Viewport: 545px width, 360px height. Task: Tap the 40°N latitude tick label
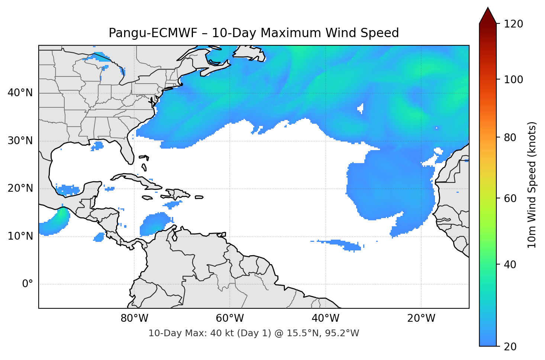(x=20, y=93)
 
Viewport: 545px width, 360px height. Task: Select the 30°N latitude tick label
(x=20, y=141)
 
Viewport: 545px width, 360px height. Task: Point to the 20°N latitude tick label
(x=20, y=188)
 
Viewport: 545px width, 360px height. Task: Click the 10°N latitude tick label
(x=20, y=236)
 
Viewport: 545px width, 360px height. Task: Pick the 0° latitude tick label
(x=28, y=284)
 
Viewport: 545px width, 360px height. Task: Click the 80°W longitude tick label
(x=135, y=318)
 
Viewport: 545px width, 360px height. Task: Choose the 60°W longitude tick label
(x=230, y=318)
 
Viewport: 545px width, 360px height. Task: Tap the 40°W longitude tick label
(x=326, y=318)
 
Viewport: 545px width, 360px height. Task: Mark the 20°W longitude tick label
(x=421, y=318)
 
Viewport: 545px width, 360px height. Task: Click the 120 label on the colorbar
(x=513, y=24)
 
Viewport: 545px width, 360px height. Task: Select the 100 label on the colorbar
(x=513, y=80)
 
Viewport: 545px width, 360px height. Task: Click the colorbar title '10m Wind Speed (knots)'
(x=532, y=185)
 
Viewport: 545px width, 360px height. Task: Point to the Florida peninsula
(x=127, y=150)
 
